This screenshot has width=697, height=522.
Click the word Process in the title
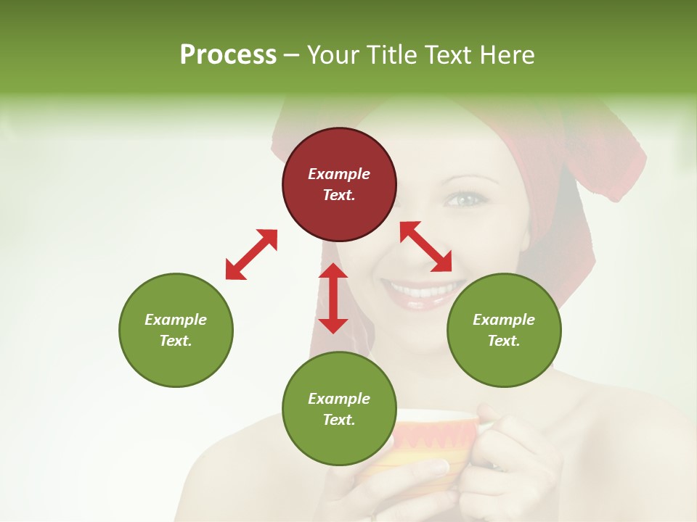pos(228,55)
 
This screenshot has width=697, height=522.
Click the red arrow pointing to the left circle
pos(251,254)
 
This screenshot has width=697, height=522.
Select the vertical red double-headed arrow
pos(333,298)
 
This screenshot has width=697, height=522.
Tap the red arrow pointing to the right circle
pos(426,246)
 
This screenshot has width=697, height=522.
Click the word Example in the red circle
pos(339,174)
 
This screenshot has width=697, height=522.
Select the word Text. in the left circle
pos(176,341)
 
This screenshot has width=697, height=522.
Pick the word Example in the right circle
pos(504,320)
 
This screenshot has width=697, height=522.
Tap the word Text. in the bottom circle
pos(339,420)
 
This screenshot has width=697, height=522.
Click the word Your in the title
pos(335,55)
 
